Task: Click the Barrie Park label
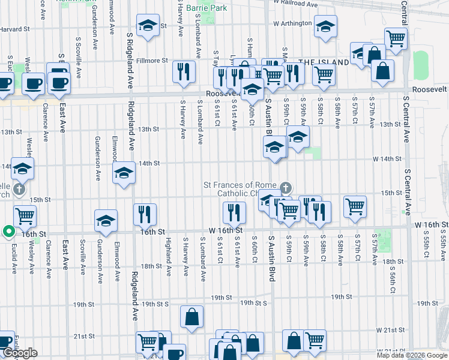click(206, 8)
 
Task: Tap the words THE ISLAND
click(324, 62)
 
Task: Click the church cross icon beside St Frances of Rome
click(285, 187)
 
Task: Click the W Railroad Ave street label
click(296, 4)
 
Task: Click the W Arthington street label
click(292, 23)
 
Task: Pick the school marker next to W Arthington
click(326, 28)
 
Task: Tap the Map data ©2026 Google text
click(411, 355)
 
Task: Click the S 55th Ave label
click(442, 245)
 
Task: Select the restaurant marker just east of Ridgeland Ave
click(145, 214)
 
